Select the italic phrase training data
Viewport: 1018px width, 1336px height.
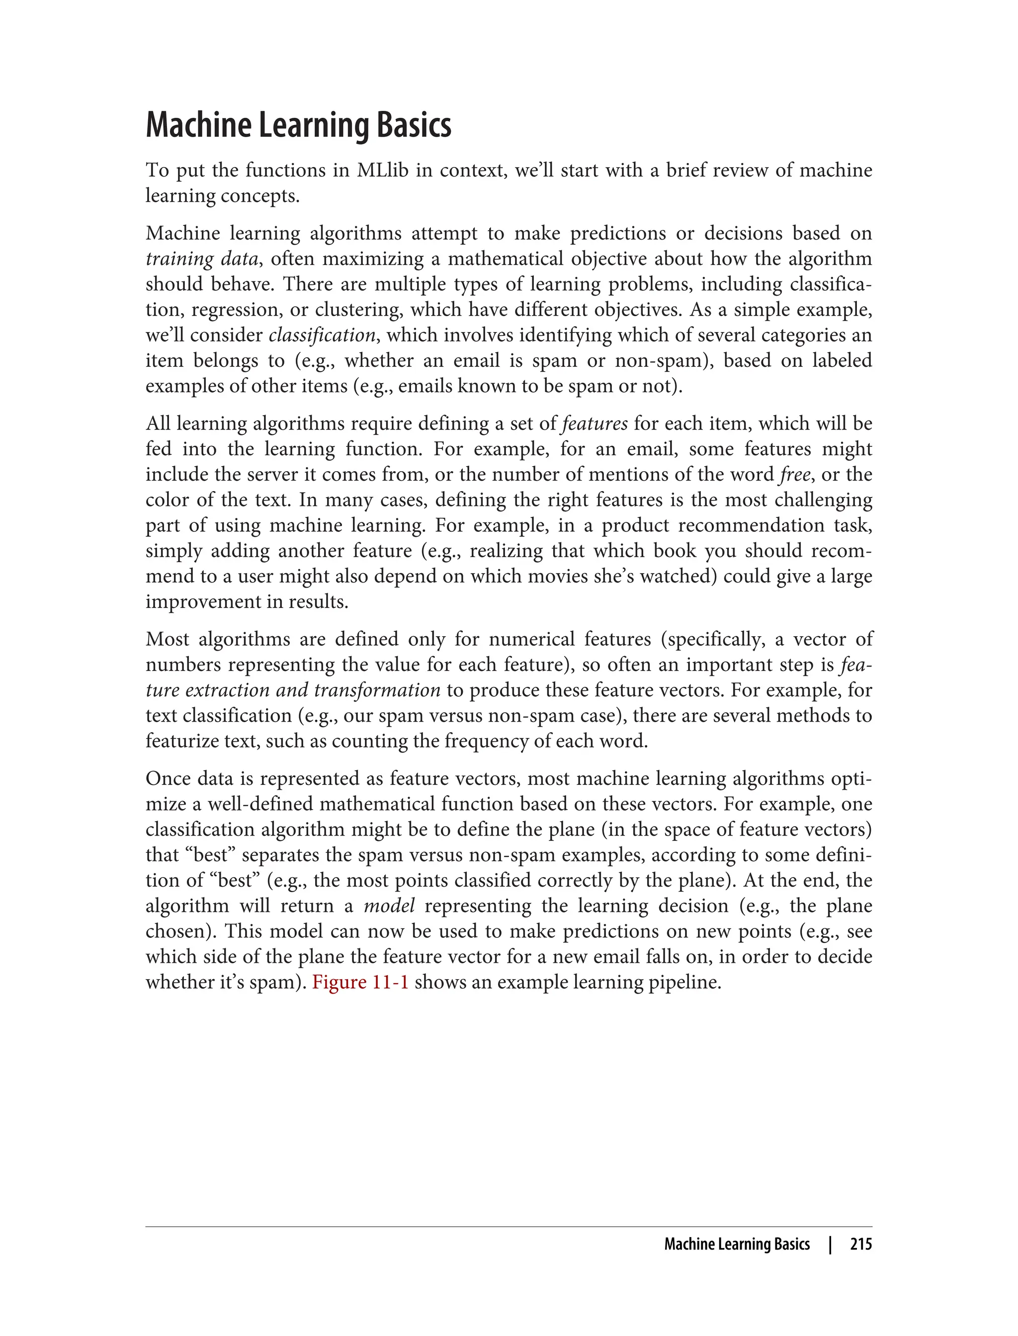click(202, 259)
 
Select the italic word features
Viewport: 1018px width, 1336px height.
click(594, 423)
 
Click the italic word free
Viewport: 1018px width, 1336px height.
click(794, 475)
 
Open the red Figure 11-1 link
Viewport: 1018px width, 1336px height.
click(360, 982)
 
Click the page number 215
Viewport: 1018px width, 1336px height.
click(860, 1245)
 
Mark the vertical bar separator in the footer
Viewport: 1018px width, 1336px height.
click(830, 1245)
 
